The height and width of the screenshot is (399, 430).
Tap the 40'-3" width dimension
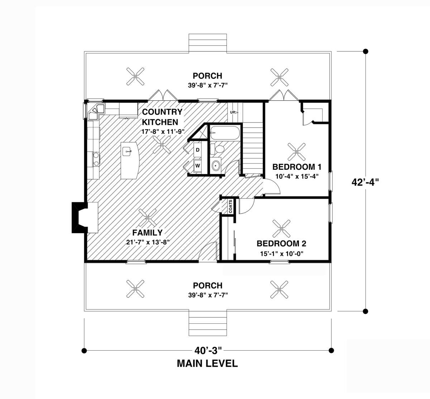(208, 350)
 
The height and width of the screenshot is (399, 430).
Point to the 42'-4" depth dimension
(365, 182)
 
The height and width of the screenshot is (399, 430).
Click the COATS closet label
(230, 206)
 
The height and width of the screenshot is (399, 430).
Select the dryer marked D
(197, 150)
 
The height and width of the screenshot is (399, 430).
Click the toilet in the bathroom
(218, 149)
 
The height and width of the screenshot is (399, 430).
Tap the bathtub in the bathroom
(225, 133)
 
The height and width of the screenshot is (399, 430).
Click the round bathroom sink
(216, 165)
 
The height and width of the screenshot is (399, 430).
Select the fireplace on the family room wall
(85, 217)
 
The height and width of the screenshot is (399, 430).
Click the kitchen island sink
(127, 151)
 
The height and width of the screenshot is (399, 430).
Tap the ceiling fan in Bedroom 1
(297, 152)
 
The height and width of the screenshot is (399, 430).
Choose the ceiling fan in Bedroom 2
(281, 229)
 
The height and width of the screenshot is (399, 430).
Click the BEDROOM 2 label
(281, 244)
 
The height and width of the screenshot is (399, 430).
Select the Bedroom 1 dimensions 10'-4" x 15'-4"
(297, 177)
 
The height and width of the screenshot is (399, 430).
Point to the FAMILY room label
(147, 233)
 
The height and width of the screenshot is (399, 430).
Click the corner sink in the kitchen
(96, 112)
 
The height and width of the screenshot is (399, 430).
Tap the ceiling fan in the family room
(147, 217)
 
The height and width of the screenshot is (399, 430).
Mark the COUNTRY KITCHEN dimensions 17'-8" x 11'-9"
(163, 131)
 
